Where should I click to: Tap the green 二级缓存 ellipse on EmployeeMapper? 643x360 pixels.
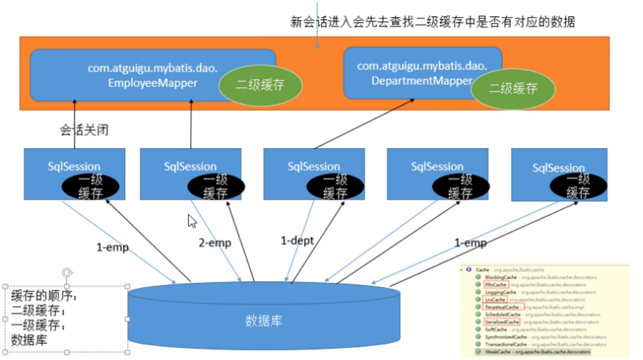(260, 85)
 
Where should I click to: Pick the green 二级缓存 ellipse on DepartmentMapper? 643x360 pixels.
(513, 89)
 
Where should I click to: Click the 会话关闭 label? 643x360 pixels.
(84, 129)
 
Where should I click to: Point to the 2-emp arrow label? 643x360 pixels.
(215, 243)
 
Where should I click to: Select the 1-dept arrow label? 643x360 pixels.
(297, 240)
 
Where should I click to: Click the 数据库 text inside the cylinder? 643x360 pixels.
(264, 321)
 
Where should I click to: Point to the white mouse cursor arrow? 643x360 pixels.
(191, 221)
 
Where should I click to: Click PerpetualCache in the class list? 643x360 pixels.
(502, 307)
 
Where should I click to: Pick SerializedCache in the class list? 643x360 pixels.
(502, 322)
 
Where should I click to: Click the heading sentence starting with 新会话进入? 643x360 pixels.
(433, 22)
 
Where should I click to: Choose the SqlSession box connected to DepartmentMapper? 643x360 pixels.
(314, 175)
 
